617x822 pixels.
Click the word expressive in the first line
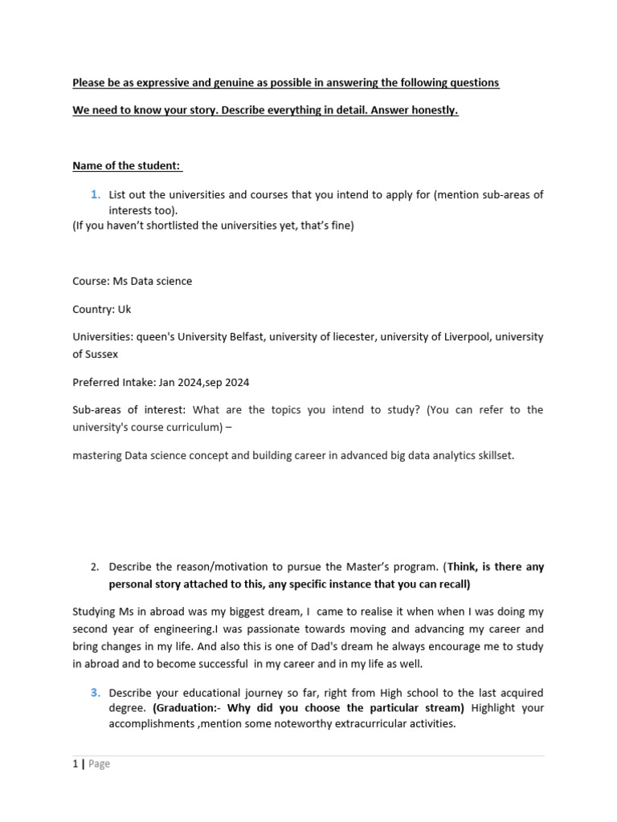[x=150, y=83]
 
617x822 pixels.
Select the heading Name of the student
[x=127, y=165]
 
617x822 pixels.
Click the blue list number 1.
[x=96, y=194]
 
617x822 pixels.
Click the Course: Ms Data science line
[x=133, y=281]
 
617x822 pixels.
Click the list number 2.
[x=95, y=567]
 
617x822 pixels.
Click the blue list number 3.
[x=96, y=692]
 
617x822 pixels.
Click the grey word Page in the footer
[x=99, y=764]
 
